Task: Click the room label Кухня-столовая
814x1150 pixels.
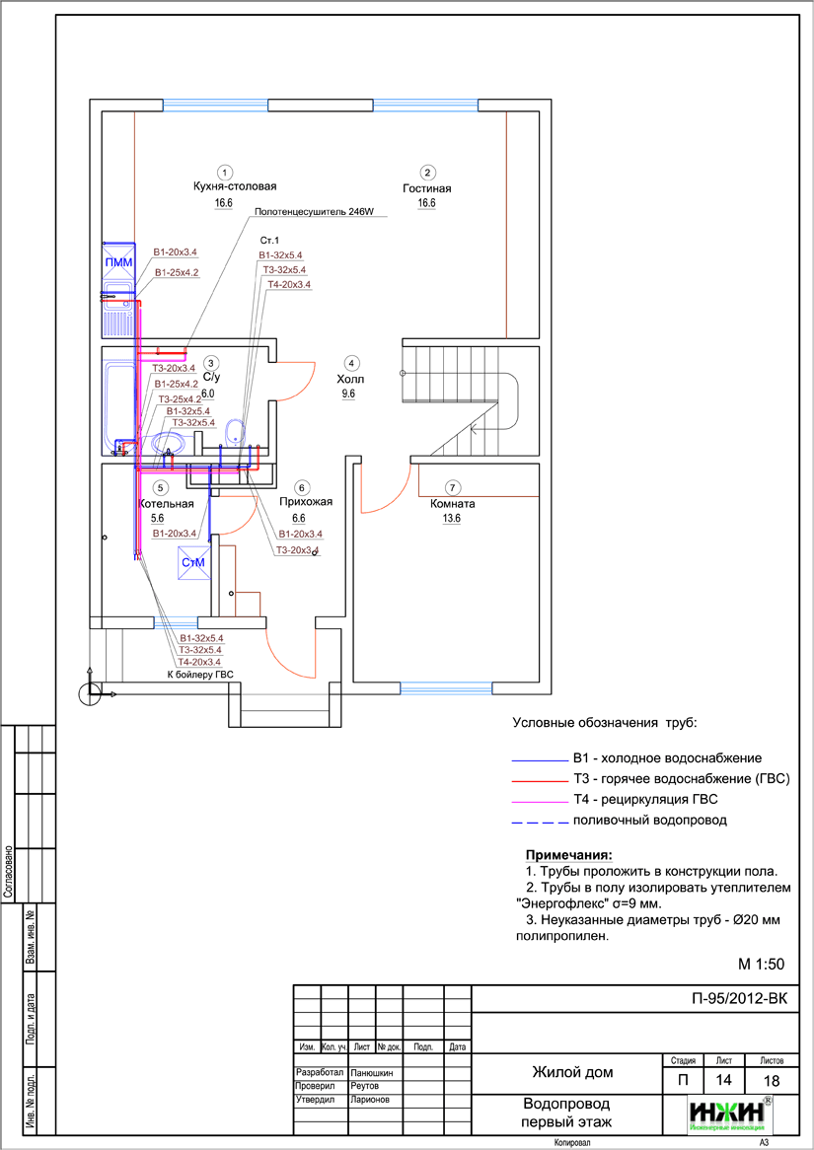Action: (x=234, y=185)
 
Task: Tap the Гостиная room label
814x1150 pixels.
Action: (x=426, y=187)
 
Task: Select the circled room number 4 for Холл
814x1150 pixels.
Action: (x=352, y=362)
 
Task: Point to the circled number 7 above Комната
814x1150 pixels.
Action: (x=452, y=487)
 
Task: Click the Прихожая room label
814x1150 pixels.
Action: (x=305, y=502)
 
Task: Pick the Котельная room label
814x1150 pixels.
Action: (x=163, y=502)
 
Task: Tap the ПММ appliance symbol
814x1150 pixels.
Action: (x=118, y=261)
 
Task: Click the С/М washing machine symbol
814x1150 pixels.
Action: (x=191, y=563)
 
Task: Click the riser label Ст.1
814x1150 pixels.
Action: (x=269, y=241)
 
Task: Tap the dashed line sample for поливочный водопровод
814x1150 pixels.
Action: (x=537, y=821)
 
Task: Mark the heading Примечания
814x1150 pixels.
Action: (x=568, y=854)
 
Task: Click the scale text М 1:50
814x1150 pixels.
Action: (x=761, y=963)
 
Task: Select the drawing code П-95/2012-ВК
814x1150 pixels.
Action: (x=740, y=998)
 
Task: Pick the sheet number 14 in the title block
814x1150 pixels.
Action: (x=724, y=1081)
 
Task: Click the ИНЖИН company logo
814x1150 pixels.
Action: (x=729, y=1114)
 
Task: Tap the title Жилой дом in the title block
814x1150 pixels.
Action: (x=572, y=1072)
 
